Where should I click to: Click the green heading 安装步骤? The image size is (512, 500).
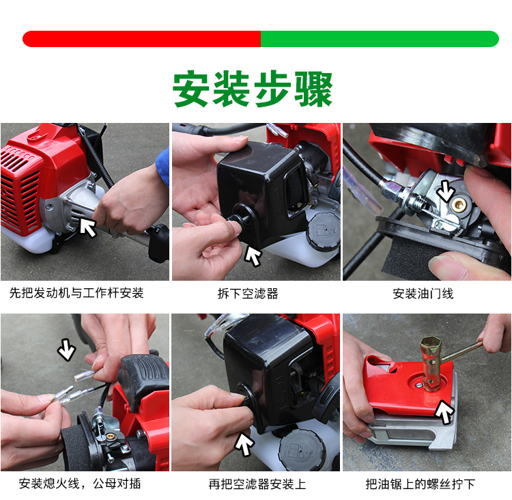point(253,89)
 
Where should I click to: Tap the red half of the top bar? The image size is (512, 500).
point(141,39)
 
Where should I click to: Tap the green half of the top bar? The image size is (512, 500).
point(380,39)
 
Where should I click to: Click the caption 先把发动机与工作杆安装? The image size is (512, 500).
point(76,293)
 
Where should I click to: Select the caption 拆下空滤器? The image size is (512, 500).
point(248,294)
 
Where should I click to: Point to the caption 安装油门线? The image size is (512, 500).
point(423,294)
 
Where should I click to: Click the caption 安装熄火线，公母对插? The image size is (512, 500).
point(80,484)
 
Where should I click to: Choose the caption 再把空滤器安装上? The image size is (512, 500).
point(257,484)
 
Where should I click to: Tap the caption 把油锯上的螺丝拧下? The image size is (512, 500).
point(421,484)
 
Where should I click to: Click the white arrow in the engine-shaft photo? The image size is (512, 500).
point(87,227)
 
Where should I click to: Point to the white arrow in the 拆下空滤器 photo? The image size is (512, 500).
point(253,255)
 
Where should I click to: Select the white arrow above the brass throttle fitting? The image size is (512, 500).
point(446,190)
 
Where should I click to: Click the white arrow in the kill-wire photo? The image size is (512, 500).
point(67,350)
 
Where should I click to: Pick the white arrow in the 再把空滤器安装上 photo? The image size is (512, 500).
point(244,443)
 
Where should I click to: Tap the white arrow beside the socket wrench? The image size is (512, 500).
point(444,412)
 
